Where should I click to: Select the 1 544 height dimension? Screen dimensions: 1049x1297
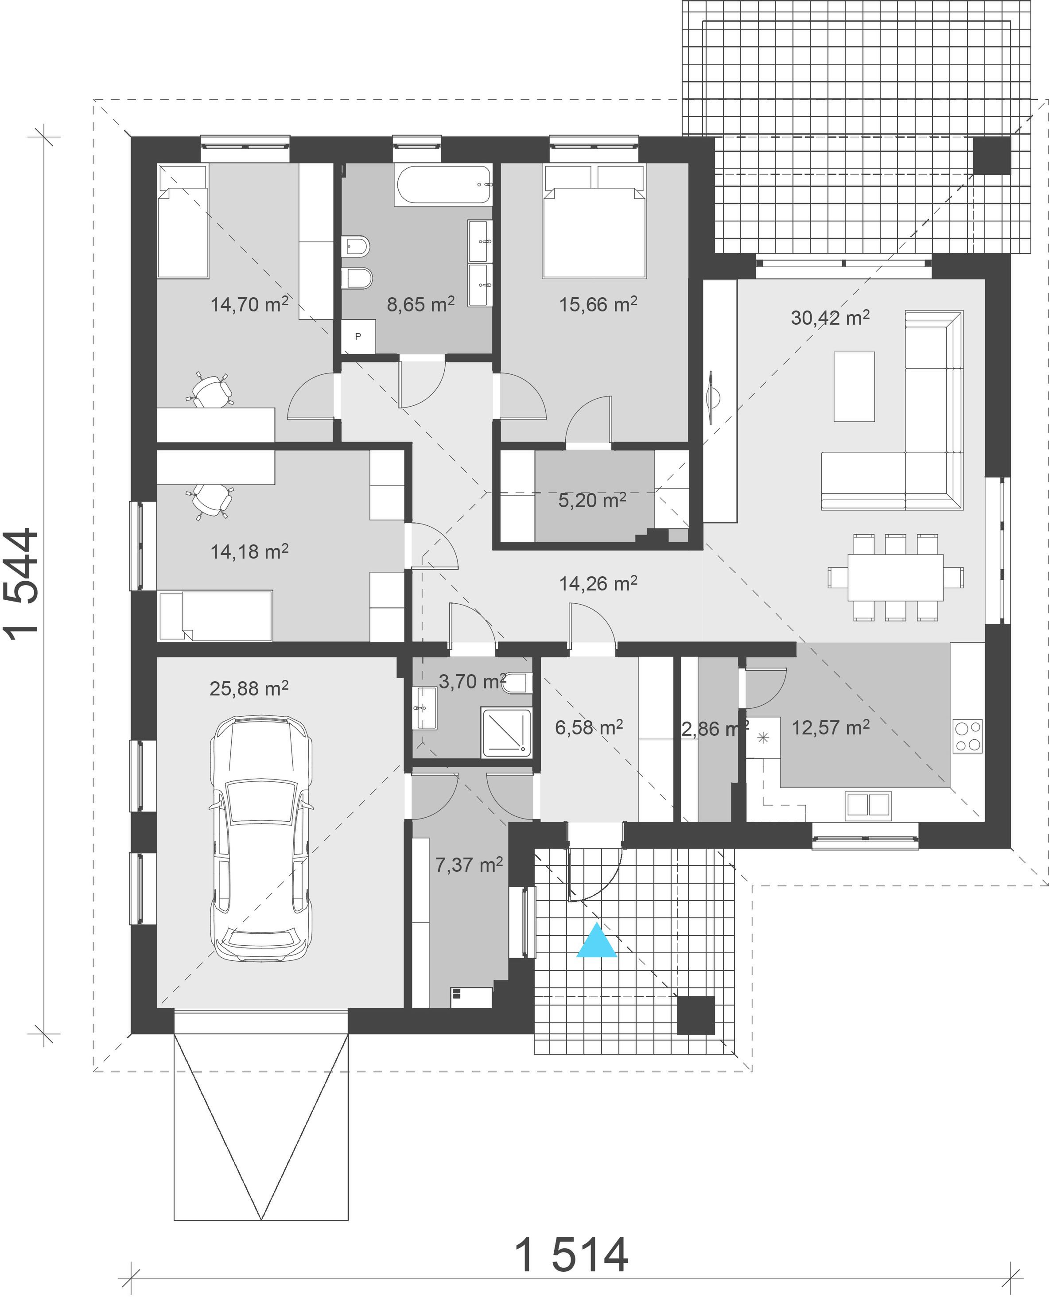(x=22, y=581)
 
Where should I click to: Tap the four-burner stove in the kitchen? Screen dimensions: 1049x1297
(x=967, y=736)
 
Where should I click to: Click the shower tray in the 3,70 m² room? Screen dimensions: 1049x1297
(x=506, y=732)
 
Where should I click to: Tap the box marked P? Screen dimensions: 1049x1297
(x=358, y=337)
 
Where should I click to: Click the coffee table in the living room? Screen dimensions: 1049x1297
(x=854, y=387)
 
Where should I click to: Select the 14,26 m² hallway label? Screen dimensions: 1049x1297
(x=598, y=583)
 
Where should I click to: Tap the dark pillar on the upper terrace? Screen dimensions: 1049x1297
(x=991, y=156)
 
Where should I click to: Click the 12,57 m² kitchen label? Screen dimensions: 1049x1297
(x=830, y=727)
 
